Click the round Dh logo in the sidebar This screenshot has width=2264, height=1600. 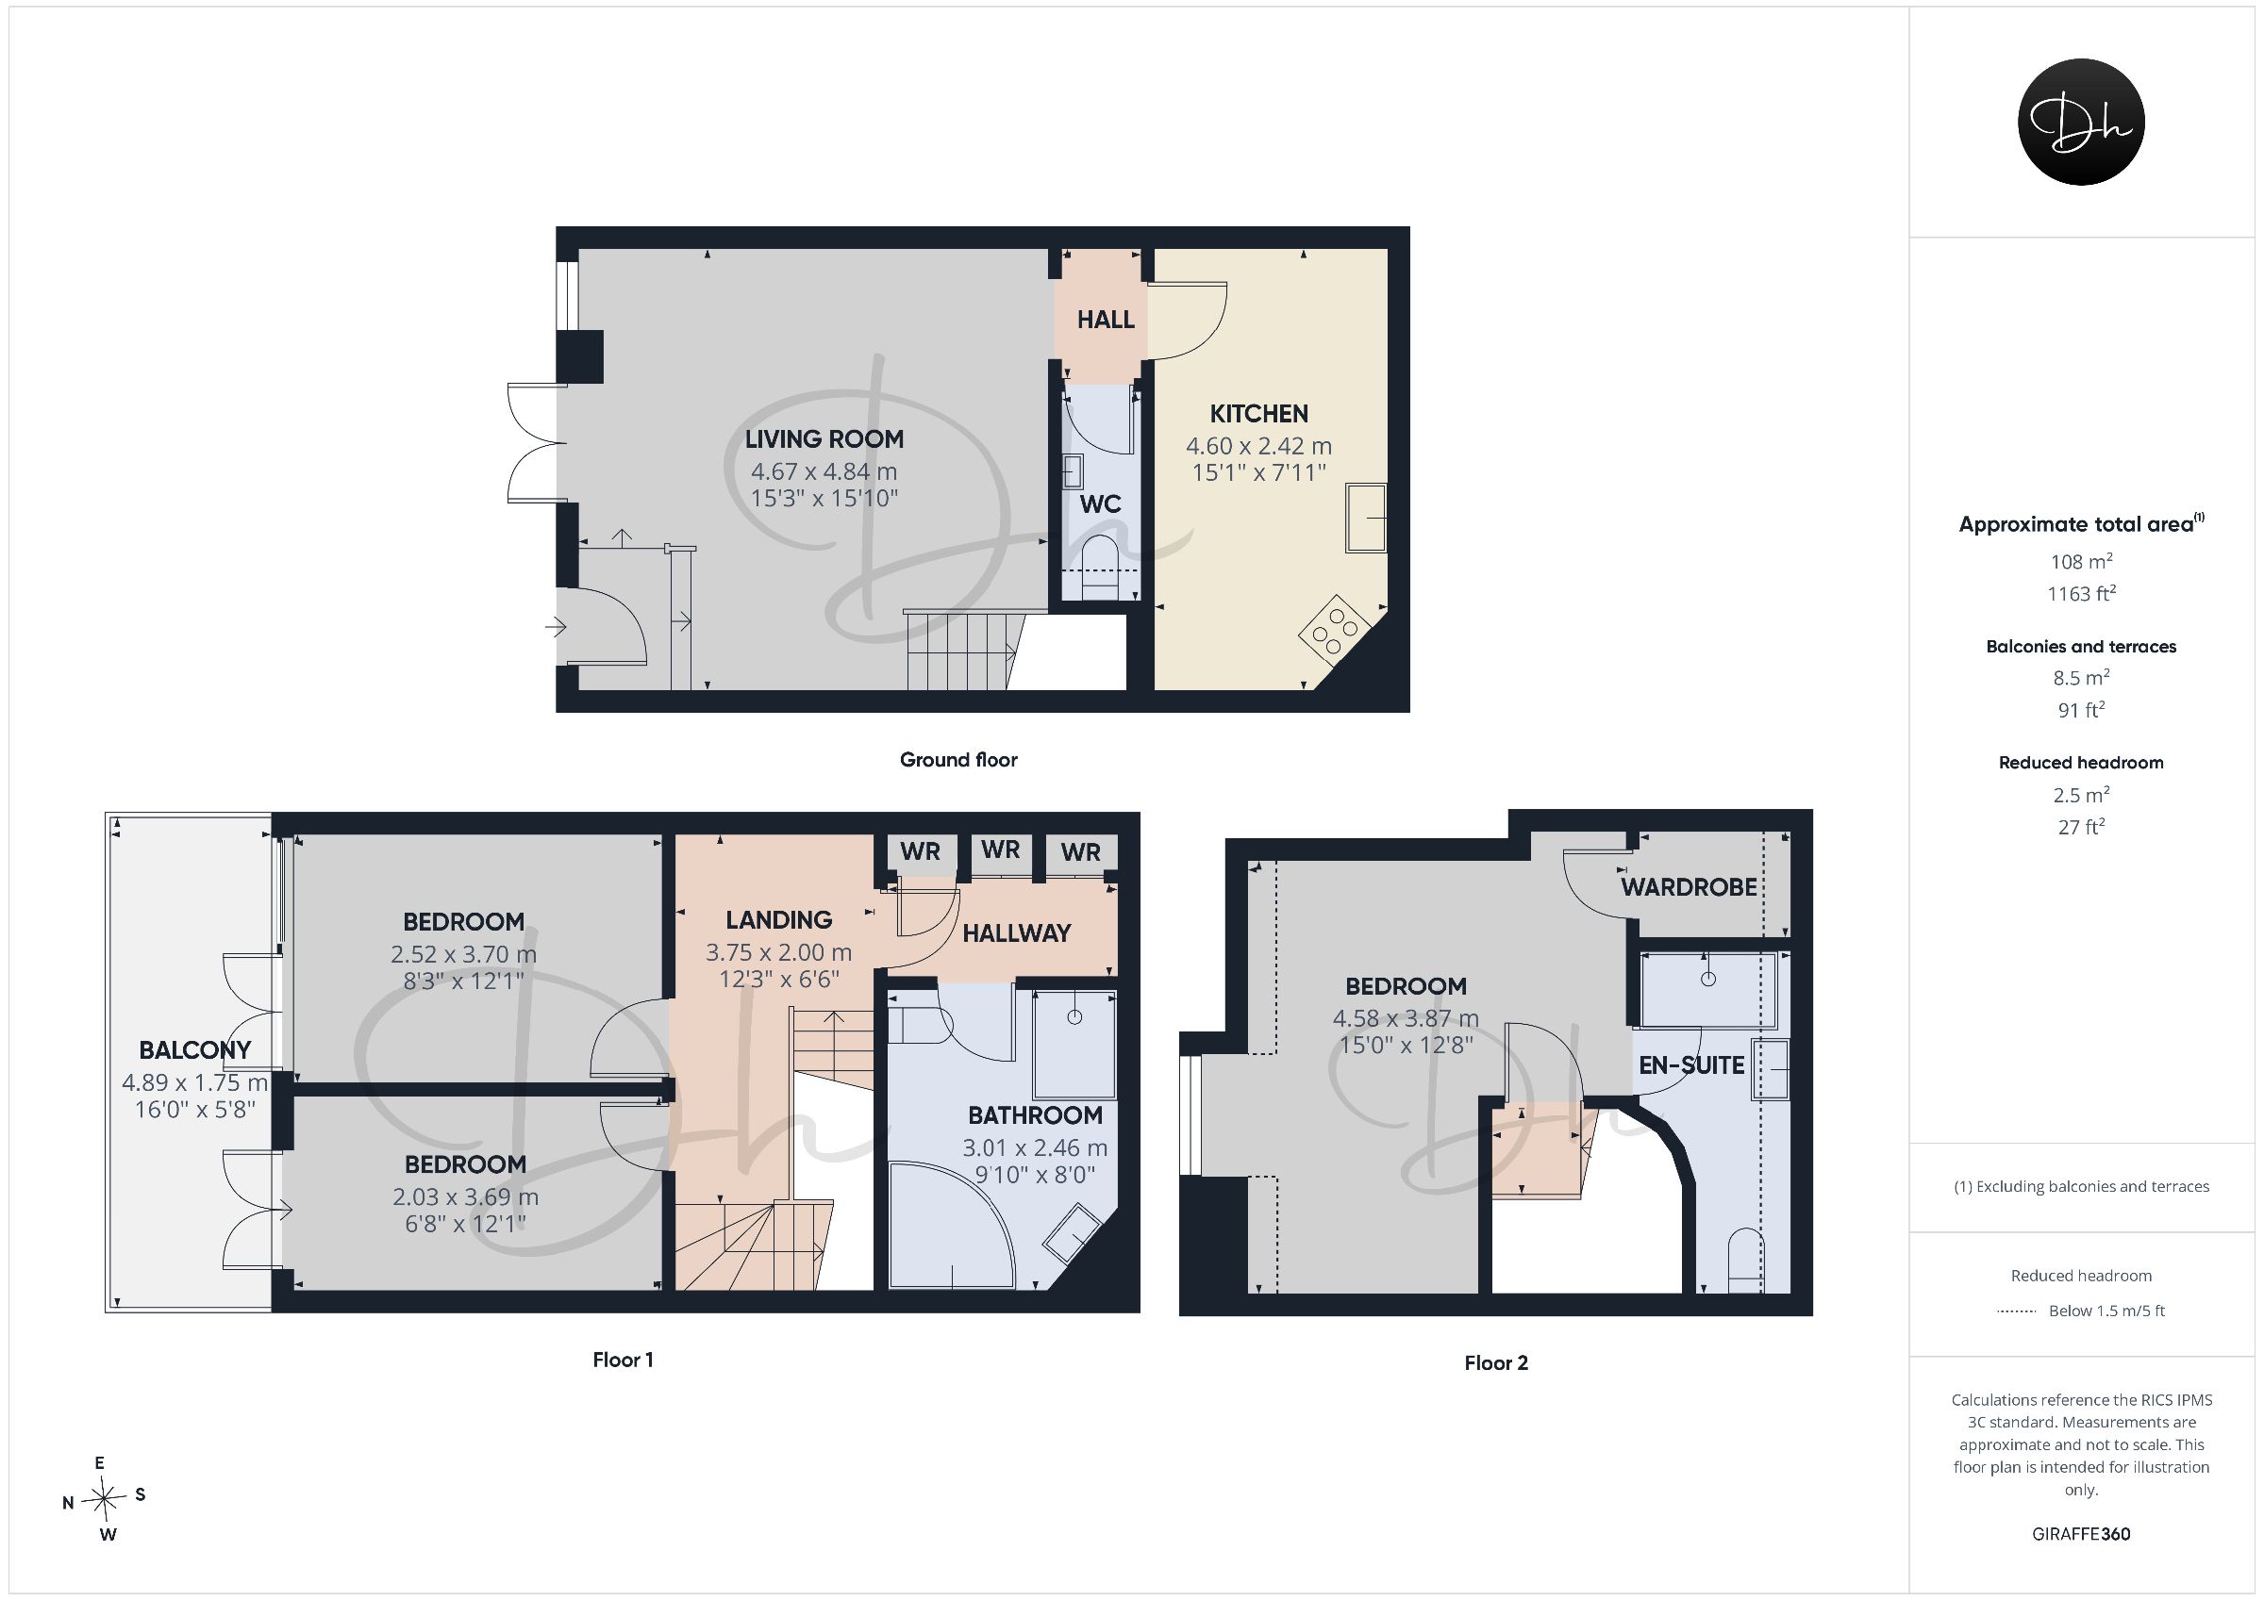coord(2081,122)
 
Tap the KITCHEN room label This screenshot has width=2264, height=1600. coord(1258,414)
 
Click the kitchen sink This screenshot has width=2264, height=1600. coord(1366,518)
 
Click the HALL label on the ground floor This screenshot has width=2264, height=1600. coord(1106,320)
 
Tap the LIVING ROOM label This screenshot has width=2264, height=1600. coord(824,438)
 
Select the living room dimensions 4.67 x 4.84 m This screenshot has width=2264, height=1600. coord(824,471)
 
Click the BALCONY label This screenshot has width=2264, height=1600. coord(194,1050)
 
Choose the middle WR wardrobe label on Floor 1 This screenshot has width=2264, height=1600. coord(1000,849)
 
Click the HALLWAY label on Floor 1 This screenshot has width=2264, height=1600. coord(1016,933)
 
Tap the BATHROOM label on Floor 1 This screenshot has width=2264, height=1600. coord(1035,1115)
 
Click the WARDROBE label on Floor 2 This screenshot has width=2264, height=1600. coord(1689,887)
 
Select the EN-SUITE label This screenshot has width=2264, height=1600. coord(1691,1064)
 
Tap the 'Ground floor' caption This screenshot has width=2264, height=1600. coord(957,760)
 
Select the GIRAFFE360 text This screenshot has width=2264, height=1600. coord(2081,1534)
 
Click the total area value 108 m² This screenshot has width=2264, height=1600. coord(2081,561)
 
